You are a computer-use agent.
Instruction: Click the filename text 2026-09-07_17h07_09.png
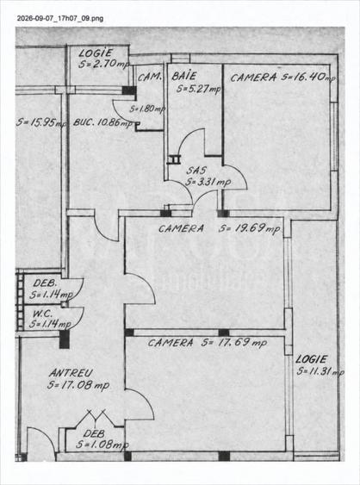[60, 18]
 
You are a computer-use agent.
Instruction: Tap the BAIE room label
[184, 76]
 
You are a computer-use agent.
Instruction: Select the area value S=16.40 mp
[308, 77]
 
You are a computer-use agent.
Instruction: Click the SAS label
[196, 170]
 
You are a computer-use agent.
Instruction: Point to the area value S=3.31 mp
[208, 182]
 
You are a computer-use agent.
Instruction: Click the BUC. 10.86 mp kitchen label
[103, 122]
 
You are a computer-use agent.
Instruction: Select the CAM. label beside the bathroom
[150, 78]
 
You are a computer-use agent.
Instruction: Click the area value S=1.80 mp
[147, 109]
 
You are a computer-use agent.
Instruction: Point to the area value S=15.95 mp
[41, 122]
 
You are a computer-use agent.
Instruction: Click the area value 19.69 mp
[249, 228]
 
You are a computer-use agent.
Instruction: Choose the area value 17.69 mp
[234, 343]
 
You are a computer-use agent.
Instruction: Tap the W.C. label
[42, 314]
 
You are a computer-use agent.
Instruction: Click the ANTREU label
[71, 373]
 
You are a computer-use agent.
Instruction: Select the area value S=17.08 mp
[78, 385]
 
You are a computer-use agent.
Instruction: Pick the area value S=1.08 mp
[102, 445]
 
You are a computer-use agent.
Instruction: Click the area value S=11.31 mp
[320, 371]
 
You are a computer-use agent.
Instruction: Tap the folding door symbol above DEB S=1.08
[96, 418]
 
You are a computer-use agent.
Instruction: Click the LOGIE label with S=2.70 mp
[96, 53]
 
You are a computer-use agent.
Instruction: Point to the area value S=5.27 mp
[199, 89]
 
